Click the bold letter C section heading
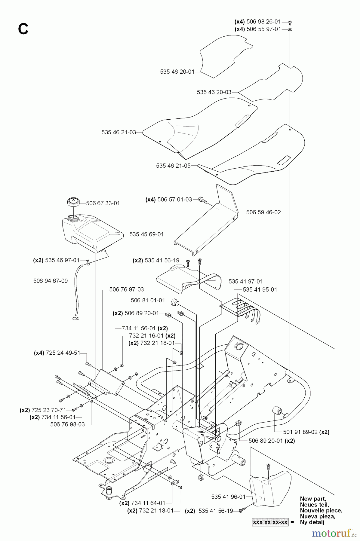click(23, 29)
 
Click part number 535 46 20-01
click(177, 72)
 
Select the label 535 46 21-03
click(119, 132)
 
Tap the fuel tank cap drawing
click(73, 201)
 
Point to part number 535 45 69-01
click(147, 234)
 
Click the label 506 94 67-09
click(51, 281)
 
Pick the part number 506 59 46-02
click(263, 212)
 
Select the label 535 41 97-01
click(246, 281)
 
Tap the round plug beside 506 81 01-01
click(173, 302)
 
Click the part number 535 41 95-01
click(260, 289)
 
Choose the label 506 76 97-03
click(127, 289)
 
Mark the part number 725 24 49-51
click(63, 353)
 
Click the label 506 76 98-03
click(68, 424)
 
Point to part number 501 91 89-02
click(300, 432)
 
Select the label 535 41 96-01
click(229, 497)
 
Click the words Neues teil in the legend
click(314, 505)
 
